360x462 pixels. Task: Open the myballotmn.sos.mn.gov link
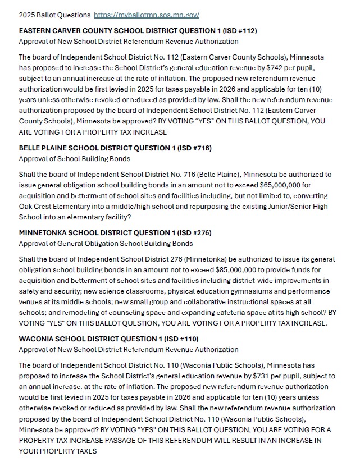(x=147, y=15)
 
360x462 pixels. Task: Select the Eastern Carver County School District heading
(x=138, y=30)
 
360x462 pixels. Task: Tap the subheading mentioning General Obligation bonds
(x=106, y=243)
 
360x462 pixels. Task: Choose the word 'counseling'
(x=133, y=313)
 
